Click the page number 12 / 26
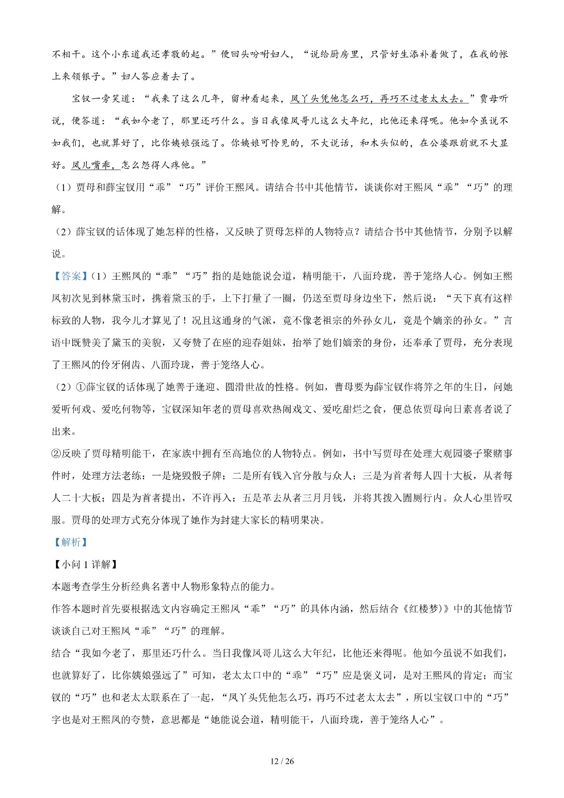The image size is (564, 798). pos(282,761)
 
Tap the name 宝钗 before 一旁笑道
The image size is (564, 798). pos(82,99)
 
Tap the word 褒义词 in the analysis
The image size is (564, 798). pos(368,675)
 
